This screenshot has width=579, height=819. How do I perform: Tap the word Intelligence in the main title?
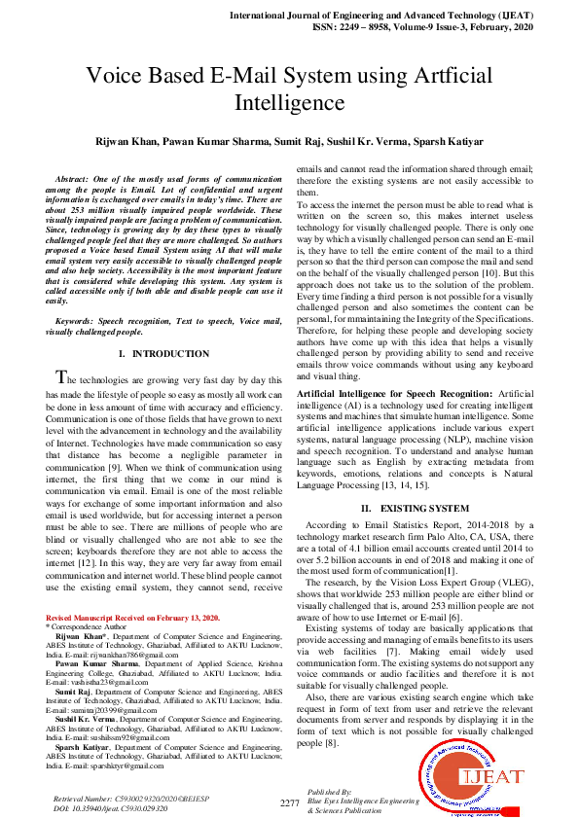[289, 102]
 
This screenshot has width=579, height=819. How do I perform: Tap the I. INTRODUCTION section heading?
[163, 354]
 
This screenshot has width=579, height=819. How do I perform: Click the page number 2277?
[289, 802]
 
